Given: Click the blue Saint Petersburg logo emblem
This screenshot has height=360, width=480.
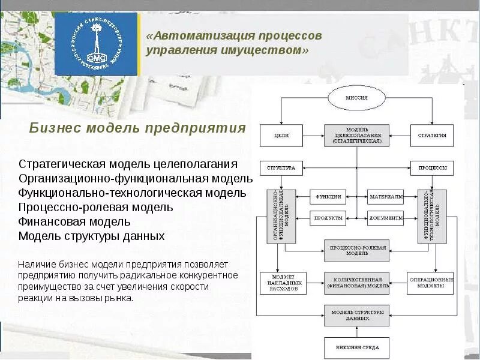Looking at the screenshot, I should click(x=96, y=44).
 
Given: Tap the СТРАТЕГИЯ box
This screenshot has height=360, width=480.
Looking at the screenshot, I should click(x=432, y=136).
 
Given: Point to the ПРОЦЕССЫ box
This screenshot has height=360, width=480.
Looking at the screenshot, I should click(x=432, y=169).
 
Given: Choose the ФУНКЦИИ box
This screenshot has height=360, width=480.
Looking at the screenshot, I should click(x=328, y=196).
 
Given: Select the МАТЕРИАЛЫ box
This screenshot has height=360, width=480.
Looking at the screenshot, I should click(x=385, y=196).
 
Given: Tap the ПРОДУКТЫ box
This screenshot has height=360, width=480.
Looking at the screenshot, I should click(x=328, y=218).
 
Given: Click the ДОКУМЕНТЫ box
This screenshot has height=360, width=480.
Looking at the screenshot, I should click(x=385, y=218).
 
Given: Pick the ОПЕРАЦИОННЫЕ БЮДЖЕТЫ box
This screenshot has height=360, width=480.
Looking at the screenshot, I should click(x=430, y=283).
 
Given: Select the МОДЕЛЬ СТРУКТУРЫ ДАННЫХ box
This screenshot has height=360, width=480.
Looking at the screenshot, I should click(x=356, y=315).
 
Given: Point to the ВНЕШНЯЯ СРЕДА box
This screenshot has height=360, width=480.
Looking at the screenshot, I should click(x=356, y=348).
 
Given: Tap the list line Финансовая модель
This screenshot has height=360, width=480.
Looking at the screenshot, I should click(x=74, y=222).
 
